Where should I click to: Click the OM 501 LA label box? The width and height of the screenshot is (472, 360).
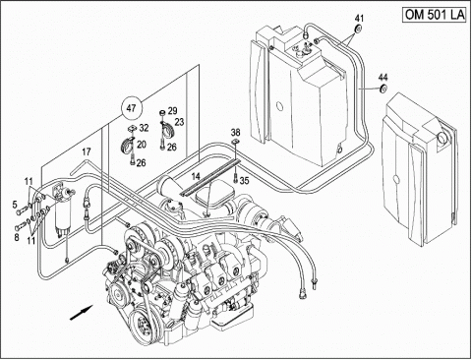[x=435, y=15]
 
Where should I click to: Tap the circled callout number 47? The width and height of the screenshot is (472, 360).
[x=131, y=108]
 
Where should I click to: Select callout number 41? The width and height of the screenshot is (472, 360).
[x=359, y=18]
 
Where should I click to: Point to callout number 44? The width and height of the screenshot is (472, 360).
[x=383, y=78]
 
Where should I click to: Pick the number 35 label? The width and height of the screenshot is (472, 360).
[x=244, y=180]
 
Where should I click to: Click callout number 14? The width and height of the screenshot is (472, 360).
[x=196, y=177]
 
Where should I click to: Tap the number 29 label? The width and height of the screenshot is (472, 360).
[x=172, y=111]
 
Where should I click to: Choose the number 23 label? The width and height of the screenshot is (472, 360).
[x=179, y=122]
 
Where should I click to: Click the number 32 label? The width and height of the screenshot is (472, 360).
[x=144, y=128]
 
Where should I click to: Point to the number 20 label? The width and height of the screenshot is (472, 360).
[x=142, y=145]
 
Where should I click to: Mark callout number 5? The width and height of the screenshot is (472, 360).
[x=15, y=205]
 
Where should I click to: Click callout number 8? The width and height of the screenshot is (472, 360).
[x=17, y=237]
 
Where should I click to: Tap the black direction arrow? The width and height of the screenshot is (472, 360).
[x=82, y=312]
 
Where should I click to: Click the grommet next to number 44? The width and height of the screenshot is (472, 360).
[x=383, y=89]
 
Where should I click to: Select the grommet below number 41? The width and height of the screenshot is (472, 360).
[x=359, y=29]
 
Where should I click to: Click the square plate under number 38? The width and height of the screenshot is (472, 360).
[x=235, y=142]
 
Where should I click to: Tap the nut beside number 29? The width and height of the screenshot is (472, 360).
[x=162, y=113]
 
